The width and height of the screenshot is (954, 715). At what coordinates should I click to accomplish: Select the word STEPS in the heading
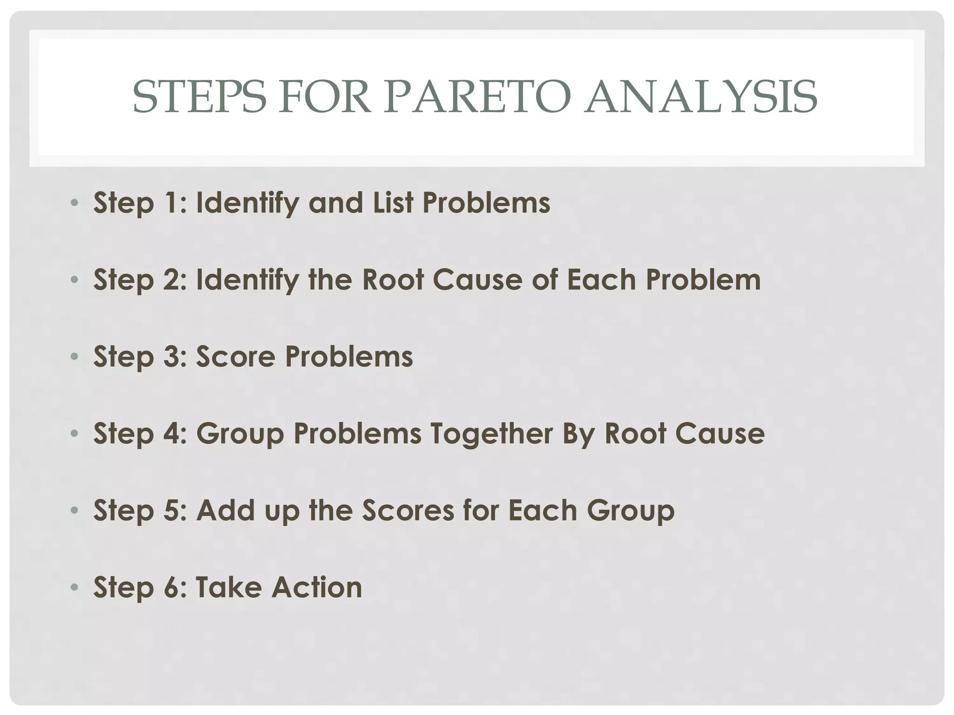coord(199,97)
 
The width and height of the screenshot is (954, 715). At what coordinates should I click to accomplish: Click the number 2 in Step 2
coord(170,280)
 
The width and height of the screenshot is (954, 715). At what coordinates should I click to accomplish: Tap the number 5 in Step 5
coord(170,510)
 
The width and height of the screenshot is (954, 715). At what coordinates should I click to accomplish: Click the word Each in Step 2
coord(601,280)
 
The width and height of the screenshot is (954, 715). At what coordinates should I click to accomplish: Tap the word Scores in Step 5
coord(408,510)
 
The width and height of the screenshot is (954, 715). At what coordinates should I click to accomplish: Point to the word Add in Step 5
coord(226,510)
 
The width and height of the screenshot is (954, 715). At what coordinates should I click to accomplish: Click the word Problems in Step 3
coord(349,357)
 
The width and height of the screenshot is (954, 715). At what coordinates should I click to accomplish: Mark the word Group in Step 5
coord(630,510)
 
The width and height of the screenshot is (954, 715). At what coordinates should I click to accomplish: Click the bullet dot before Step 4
coord(74,433)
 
